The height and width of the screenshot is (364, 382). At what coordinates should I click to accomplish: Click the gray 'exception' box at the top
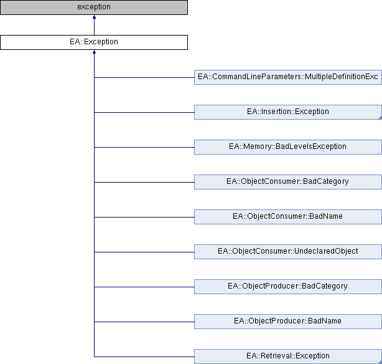pos(94,7)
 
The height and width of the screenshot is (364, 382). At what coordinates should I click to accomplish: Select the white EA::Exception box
pos(94,42)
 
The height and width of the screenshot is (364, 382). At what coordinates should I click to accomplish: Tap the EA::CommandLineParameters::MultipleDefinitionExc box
pos(288,77)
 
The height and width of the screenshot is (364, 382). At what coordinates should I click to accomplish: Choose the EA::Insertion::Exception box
pos(288,112)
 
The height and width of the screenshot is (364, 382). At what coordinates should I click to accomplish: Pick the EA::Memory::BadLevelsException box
pos(288,147)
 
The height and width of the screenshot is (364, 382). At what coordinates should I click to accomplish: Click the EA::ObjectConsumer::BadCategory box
pos(288,182)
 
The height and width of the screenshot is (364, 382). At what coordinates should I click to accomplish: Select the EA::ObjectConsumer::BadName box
pos(288,217)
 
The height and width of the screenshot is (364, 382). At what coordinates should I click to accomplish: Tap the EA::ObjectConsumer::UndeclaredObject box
pos(288,252)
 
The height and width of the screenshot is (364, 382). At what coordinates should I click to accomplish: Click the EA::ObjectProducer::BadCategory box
pos(288,287)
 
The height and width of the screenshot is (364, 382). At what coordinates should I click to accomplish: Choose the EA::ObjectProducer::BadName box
pos(288,322)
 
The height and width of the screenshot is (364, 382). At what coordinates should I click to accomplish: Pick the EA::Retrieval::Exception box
pos(288,357)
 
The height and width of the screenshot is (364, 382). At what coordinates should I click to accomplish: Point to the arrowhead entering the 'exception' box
pos(94,17)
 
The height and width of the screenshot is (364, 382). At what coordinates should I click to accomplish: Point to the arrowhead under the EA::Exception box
pos(94,52)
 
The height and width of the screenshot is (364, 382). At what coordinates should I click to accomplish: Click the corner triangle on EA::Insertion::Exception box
pos(380,118)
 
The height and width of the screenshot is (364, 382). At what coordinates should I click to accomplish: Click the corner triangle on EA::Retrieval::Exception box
pos(380,362)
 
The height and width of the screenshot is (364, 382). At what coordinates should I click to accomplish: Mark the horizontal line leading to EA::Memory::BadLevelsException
pos(144,147)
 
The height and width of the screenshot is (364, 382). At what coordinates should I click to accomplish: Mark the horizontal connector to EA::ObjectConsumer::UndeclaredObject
pos(144,252)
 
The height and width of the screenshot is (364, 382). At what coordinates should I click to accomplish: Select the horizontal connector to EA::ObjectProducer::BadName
pos(144,322)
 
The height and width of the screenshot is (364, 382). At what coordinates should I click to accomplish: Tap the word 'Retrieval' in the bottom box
pos(272,356)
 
